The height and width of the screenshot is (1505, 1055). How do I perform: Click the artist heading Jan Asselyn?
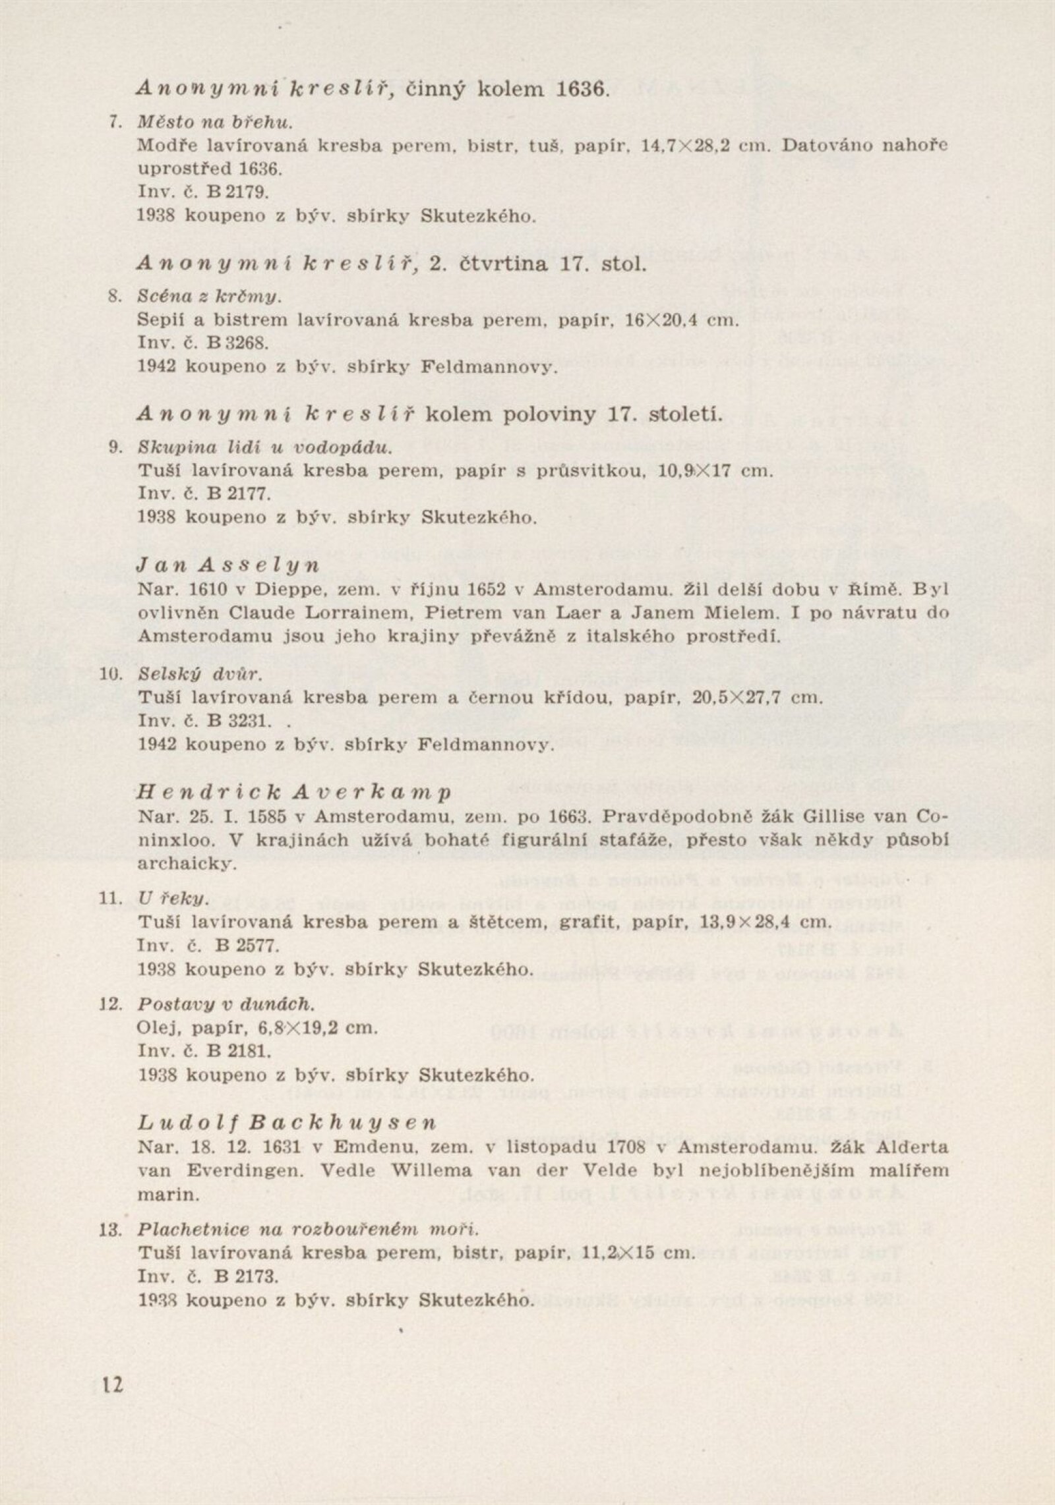[x=228, y=565]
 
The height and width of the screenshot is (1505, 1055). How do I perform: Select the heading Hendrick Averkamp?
[x=294, y=792]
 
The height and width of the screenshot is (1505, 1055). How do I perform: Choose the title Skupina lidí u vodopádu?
[x=265, y=447]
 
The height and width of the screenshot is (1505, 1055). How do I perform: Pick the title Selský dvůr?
[x=200, y=674]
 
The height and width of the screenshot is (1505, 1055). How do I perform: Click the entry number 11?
[x=111, y=899]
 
